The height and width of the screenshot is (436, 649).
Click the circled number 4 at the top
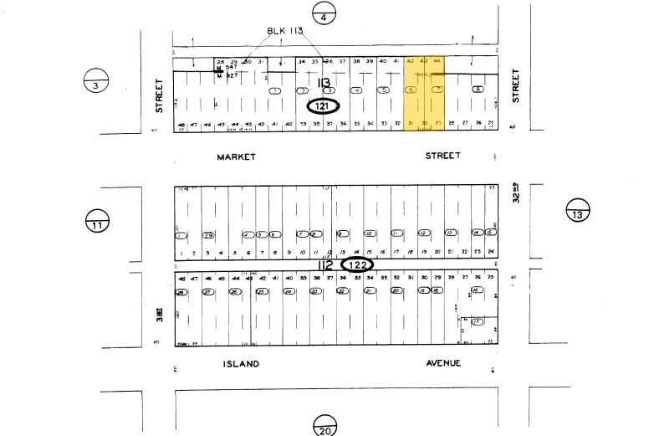point(323,14)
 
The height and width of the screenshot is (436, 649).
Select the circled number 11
point(97,223)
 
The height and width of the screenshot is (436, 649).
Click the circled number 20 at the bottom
point(325,427)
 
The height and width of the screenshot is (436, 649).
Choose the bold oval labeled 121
point(323,106)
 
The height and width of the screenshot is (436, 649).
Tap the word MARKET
point(236,156)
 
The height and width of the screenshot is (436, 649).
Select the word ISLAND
point(241,363)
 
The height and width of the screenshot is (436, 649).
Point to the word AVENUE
point(442,363)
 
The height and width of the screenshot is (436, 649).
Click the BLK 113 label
point(284,31)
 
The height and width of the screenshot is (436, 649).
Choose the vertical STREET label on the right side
point(516,85)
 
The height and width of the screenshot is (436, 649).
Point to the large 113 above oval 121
point(324,82)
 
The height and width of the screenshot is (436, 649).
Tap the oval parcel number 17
point(478,321)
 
